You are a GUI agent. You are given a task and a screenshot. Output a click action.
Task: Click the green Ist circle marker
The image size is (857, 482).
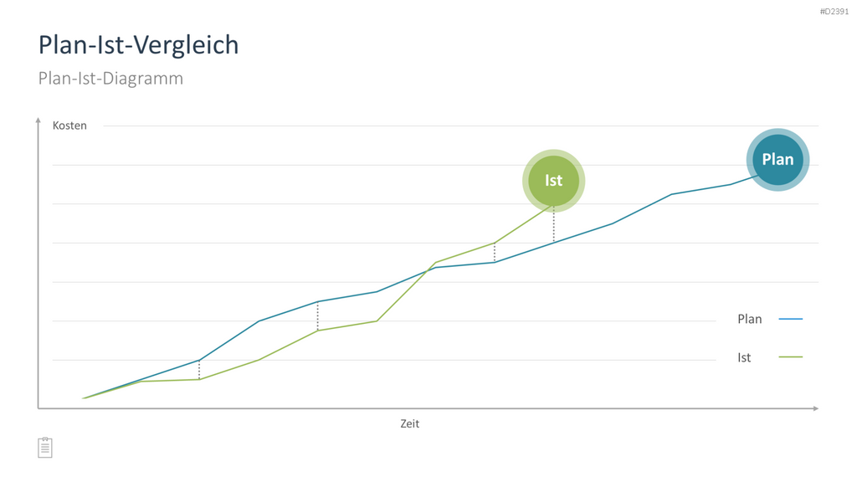(554, 181)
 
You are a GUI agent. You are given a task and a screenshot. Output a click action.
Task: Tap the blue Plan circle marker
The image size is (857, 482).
(777, 160)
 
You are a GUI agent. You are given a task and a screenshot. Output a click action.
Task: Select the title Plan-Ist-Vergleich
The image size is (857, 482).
(138, 45)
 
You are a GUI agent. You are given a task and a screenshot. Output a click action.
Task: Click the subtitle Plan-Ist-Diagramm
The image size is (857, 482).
(110, 78)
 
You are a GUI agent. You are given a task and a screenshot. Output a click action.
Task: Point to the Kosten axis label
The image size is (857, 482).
(69, 126)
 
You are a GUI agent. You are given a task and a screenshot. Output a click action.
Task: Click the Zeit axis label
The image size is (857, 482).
(409, 423)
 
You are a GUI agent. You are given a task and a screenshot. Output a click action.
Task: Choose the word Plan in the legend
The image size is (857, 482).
(749, 319)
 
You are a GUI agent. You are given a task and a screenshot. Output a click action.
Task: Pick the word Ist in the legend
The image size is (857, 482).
(744, 357)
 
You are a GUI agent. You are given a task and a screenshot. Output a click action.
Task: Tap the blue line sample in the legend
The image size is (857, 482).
(790, 319)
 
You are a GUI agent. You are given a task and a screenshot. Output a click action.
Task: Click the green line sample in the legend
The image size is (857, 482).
(790, 356)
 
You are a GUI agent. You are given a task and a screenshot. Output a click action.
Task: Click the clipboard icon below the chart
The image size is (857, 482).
(45, 448)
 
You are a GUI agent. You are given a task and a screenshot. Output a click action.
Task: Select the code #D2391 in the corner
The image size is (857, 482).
(834, 12)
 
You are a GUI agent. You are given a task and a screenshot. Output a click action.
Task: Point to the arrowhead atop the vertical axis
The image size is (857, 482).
(38, 120)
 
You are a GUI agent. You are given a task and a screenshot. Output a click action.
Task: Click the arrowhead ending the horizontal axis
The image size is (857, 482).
(815, 408)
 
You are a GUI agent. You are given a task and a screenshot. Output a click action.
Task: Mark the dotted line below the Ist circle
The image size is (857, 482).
(554, 224)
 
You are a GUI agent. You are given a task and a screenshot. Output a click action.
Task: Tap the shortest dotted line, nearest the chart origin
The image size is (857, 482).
(199, 370)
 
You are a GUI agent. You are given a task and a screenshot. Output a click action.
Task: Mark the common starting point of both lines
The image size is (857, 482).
(83, 398)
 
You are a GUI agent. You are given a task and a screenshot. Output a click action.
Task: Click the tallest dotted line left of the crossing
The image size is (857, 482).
(317, 315)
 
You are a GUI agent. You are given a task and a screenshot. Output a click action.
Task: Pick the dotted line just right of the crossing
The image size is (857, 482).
(495, 253)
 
